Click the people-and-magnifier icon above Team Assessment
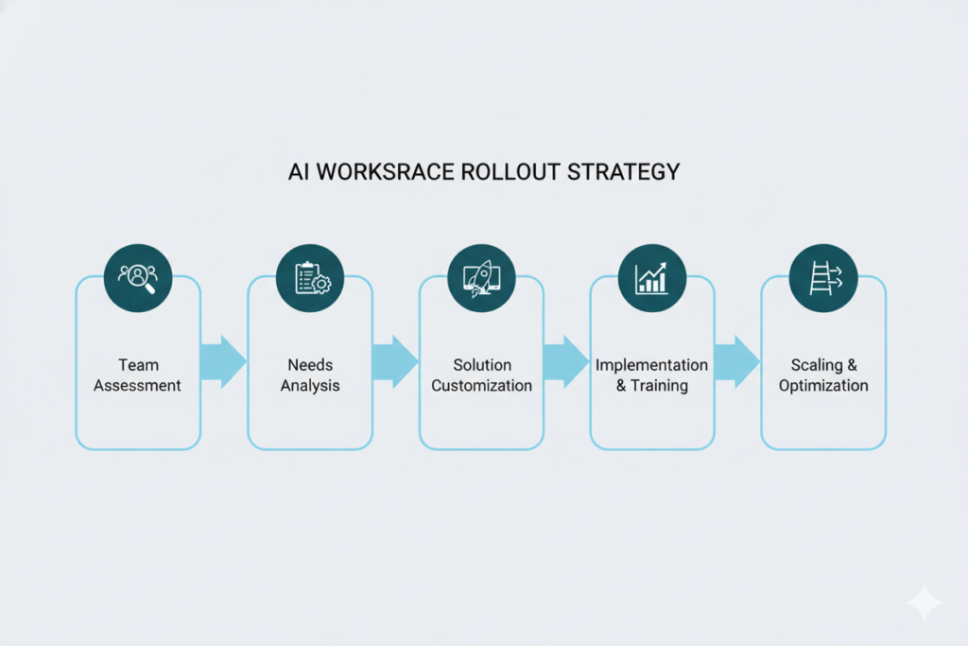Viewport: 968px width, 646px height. click(x=138, y=276)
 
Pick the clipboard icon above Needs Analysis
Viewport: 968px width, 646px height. click(x=310, y=276)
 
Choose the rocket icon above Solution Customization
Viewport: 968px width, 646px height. click(x=481, y=276)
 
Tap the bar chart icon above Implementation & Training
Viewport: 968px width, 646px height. click(x=652, y=276)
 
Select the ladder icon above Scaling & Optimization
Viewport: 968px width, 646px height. click(x=823, y=276)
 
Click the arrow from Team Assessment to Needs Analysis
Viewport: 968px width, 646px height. click(x=224, y=361)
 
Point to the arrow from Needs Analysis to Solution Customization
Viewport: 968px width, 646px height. click(x=395, y=361)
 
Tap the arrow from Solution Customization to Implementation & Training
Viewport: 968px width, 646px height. click(x=566, y=361)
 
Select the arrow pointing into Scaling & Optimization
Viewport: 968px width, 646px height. click(x=737, y=361)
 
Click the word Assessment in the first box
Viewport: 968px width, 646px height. click(x=138, y=386)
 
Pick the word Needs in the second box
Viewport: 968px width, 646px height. click(x=310, y=365)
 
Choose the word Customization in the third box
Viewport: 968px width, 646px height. click(x=481, y=386)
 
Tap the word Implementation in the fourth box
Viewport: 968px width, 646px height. click(x=651, y=365)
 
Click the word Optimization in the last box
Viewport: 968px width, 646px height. click(x=823, y=386)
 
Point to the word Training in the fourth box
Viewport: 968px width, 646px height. click(x=661, y=386)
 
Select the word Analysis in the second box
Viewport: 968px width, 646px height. click(x=310, y=386)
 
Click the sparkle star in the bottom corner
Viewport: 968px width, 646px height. click(x=923, y=602)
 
